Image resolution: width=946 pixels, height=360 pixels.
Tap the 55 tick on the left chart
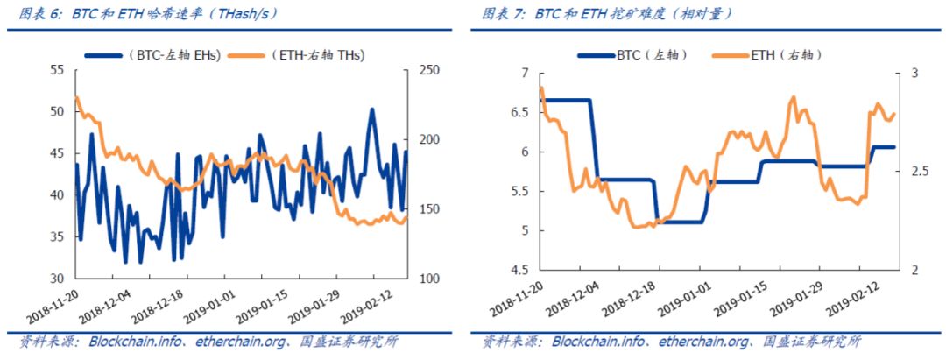[58, 70]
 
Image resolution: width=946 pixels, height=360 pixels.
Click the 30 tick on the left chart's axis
[58, 279]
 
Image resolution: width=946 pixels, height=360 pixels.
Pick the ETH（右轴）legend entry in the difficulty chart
[786, 55]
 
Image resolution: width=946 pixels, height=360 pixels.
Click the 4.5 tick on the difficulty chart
[522, 270]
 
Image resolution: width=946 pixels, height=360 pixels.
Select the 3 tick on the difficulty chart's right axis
[908, 74]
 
